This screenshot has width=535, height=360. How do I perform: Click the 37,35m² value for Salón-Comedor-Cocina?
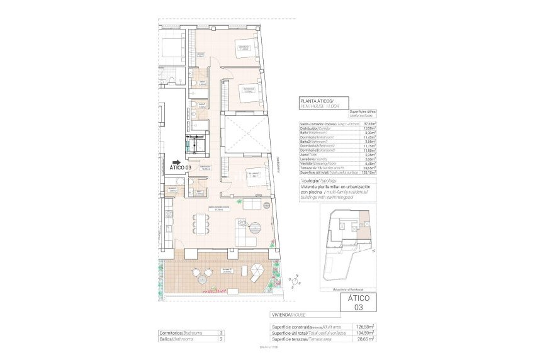tap(368, 124)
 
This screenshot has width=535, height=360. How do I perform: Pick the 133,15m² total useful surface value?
tap(367, 172)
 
